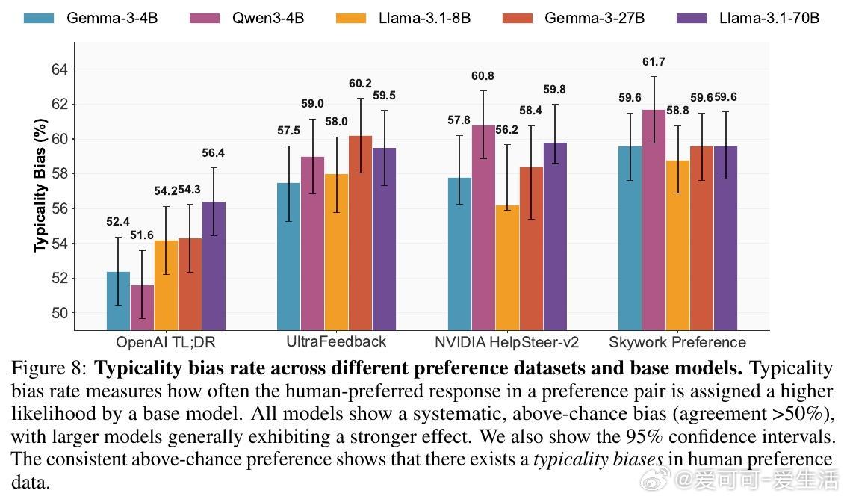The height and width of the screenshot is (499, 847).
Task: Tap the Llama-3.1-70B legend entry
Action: (769, 17)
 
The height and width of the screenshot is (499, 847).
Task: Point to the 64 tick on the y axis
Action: (58, 69)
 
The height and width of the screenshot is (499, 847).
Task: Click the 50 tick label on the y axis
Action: (58, 313)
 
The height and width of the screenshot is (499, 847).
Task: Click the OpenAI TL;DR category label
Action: (166, 342)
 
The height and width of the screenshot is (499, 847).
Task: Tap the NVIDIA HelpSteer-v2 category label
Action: (507, 342)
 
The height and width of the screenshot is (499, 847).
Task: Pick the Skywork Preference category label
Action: (677, 342)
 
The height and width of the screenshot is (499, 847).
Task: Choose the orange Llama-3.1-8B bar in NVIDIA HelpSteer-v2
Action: (507, 267)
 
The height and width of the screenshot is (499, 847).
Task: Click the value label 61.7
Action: (654, 61)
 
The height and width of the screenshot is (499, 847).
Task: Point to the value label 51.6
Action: (142, 235)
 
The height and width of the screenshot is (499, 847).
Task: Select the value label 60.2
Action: (361, 83)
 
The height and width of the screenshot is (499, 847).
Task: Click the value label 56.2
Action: (507, 129)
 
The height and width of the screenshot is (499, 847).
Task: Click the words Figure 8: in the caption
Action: (49, 368)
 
